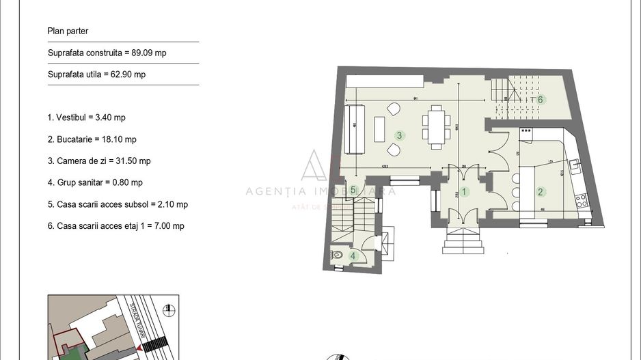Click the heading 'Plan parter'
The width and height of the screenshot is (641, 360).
[x=68, y=31]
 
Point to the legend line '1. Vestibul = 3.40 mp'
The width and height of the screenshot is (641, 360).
[x=86, y=117]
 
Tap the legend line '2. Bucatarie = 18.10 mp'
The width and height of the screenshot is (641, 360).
[x=92, y=139]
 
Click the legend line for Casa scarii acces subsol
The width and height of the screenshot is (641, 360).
[x=118, y=204]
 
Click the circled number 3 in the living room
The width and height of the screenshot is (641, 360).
[x=399, y=135]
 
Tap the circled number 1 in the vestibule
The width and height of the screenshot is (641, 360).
[x=463, y=192]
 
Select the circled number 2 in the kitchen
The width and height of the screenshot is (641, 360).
[x=540, y=192]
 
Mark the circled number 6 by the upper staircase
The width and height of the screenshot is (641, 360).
[x=540, y=100]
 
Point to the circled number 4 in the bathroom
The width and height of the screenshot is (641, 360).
[x=353, y=255]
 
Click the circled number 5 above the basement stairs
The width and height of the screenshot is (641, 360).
[x=353, y=190]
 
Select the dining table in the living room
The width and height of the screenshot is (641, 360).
[x=436, y=126]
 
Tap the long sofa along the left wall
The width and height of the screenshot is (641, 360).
[x=354, y=128]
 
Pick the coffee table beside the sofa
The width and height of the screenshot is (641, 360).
[x=379, y=128]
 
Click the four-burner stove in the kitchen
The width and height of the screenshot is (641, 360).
[x=582, y=201]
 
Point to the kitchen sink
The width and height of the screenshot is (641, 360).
[x=575, y=163]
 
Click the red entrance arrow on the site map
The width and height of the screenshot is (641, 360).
[x=140, y=348]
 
